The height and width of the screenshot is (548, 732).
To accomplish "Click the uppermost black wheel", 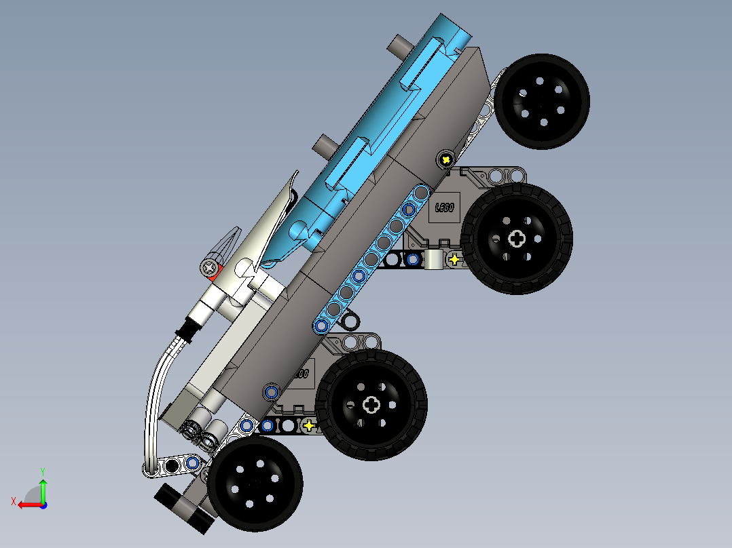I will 542,101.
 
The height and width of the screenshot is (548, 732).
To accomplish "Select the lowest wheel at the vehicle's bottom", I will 255,484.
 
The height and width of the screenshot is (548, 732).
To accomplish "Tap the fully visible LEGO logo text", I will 445,208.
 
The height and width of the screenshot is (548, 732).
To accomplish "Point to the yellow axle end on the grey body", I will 445,159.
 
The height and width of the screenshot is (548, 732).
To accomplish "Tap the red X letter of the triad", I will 13,501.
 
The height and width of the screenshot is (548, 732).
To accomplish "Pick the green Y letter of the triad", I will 42,470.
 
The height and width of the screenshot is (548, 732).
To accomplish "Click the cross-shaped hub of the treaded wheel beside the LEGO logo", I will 517,238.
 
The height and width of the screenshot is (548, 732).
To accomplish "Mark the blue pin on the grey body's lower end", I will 272,391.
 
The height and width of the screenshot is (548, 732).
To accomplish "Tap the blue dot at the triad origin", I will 43,505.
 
